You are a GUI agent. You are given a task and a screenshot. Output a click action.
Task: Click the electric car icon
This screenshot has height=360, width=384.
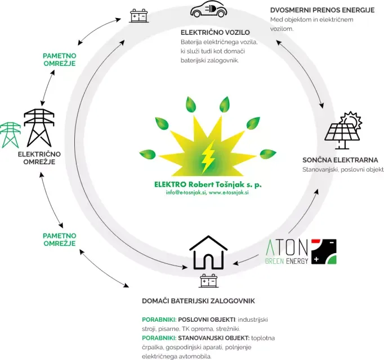point(208,10)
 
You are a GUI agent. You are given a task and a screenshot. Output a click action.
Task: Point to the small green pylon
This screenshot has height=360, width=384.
point(10,135)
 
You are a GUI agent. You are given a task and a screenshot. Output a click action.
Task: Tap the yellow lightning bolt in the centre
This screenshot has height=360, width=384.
point(208,156)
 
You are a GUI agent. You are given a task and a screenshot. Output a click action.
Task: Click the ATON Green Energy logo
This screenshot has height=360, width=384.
point(301,251)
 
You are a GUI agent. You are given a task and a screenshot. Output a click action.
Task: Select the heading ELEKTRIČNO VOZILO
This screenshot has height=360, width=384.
point(215,33)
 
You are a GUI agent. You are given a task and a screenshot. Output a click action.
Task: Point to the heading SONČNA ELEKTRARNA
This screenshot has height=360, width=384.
point(340,160)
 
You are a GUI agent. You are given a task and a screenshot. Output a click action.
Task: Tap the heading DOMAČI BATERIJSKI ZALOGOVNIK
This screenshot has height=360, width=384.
point(198,301)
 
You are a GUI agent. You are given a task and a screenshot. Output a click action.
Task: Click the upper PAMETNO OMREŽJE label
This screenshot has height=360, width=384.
point(60,59)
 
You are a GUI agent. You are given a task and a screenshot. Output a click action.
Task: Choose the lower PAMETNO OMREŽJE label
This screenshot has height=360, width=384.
point(60,239)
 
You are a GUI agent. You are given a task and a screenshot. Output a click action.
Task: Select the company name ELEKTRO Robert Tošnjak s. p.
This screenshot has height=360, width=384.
point(208,184)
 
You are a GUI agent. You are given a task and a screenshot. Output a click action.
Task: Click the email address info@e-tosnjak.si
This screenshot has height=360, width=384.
point(185,192)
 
